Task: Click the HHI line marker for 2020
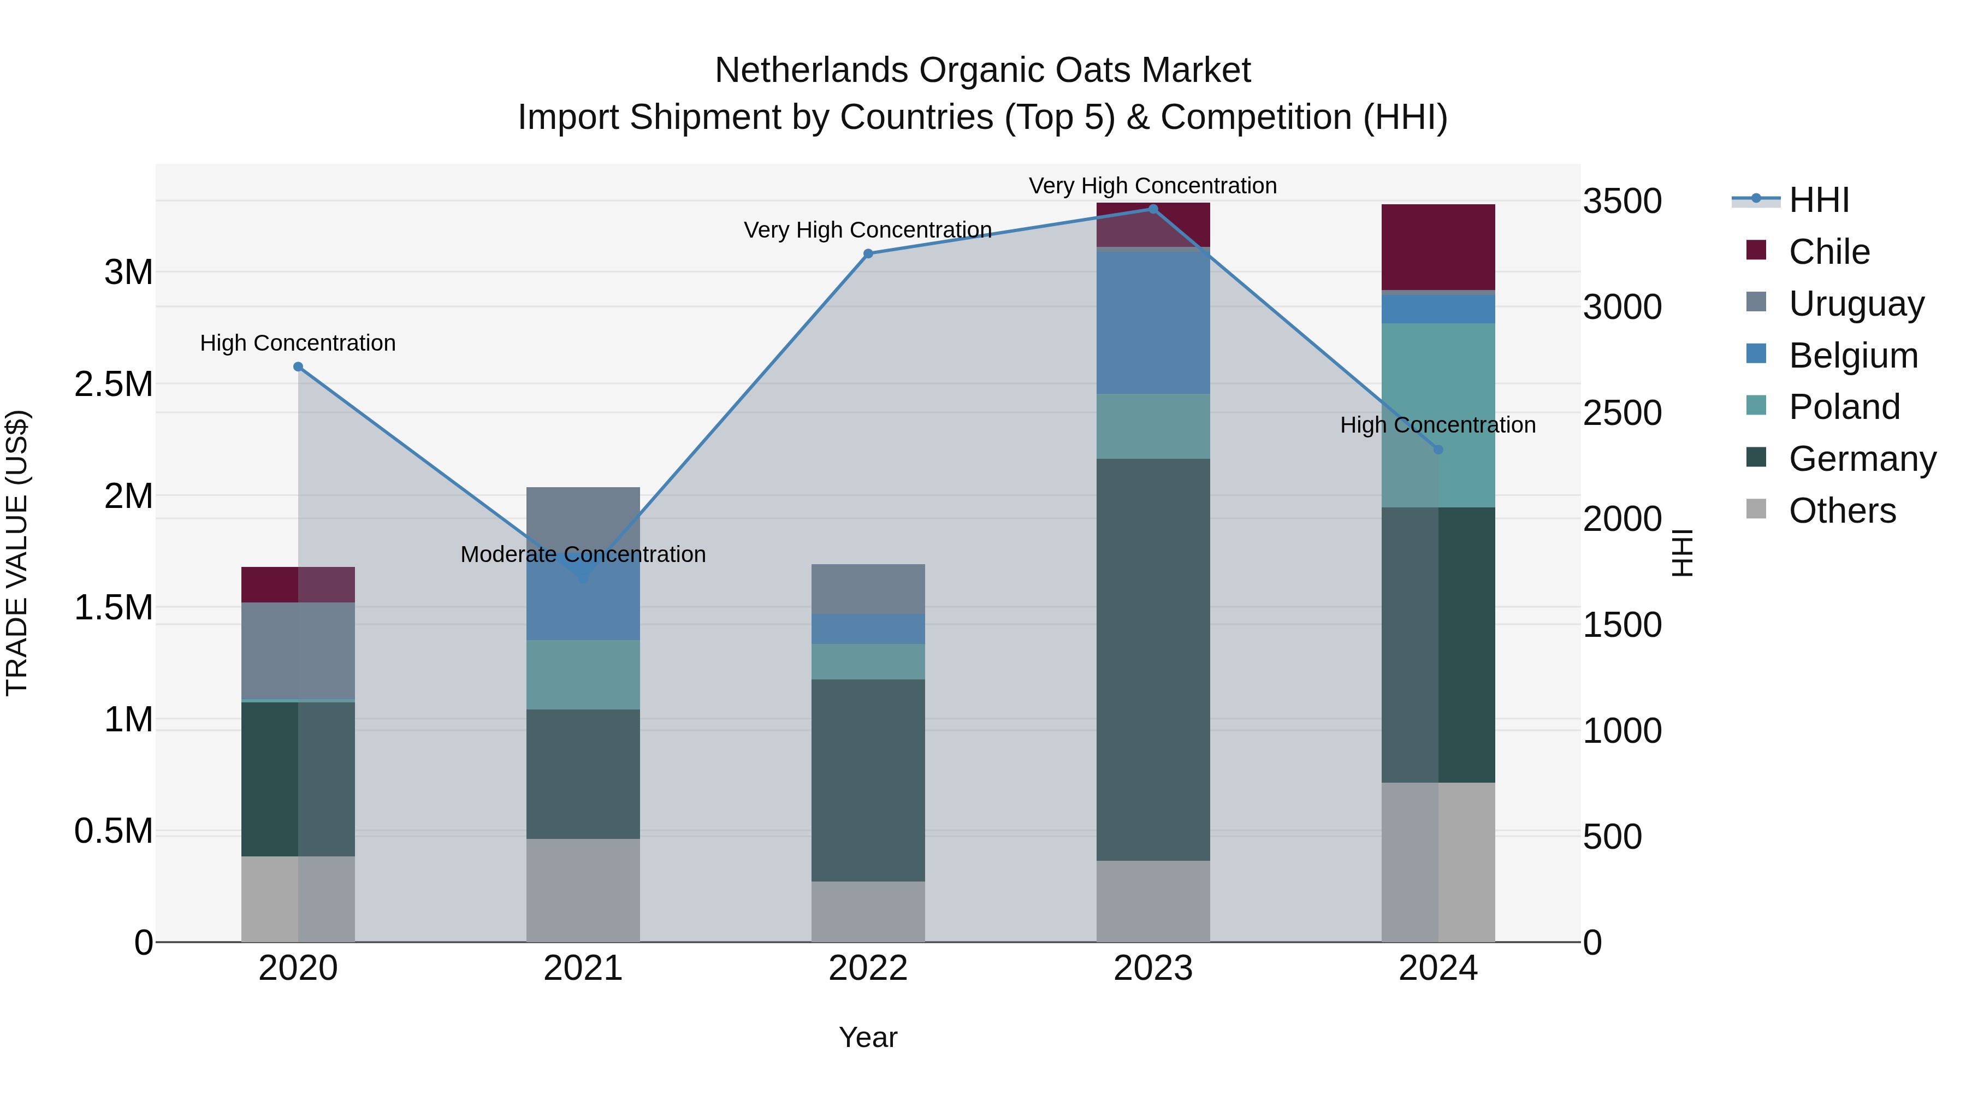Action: (298, 367)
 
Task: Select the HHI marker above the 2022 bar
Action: (868, 254)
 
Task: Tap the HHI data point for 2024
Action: (1438, 450)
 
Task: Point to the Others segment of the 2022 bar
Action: (868, 912)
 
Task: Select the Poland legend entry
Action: (1843, 407)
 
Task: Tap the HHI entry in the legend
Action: (1818, 200)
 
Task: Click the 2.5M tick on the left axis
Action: (114, 384)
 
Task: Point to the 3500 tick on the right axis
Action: (1622, 202)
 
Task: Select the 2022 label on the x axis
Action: (868, 968)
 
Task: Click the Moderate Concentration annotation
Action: (583, 554)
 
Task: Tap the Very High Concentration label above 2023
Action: (1152, 186)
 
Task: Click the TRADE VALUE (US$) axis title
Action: (17, 553)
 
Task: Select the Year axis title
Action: (868, 1037)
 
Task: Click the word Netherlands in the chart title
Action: (812, 70)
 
